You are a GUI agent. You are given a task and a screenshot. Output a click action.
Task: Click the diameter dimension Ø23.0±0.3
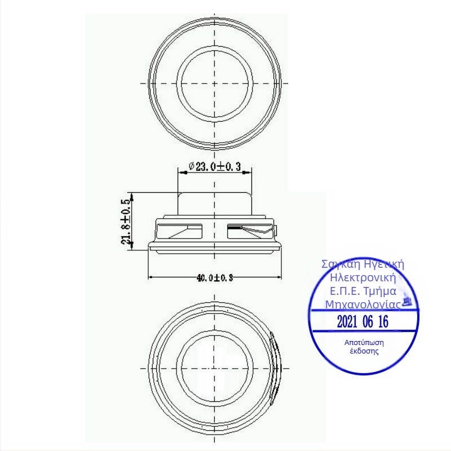point(215,166)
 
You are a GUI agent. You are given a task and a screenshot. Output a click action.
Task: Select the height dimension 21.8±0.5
point(126,222)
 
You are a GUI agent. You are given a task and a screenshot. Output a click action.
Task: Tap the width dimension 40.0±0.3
point(215,277)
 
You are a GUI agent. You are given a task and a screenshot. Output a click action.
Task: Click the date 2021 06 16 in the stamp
point(362,321)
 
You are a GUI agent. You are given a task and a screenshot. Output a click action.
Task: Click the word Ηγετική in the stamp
point(384,264)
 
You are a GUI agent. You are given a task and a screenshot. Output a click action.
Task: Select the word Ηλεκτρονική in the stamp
point(363,277)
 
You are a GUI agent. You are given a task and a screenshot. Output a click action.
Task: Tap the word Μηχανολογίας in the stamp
point(363,304)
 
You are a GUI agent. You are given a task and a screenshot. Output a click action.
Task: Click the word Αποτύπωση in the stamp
point(364,343)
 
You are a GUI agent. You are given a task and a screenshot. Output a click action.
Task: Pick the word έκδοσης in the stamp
point(364,351)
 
